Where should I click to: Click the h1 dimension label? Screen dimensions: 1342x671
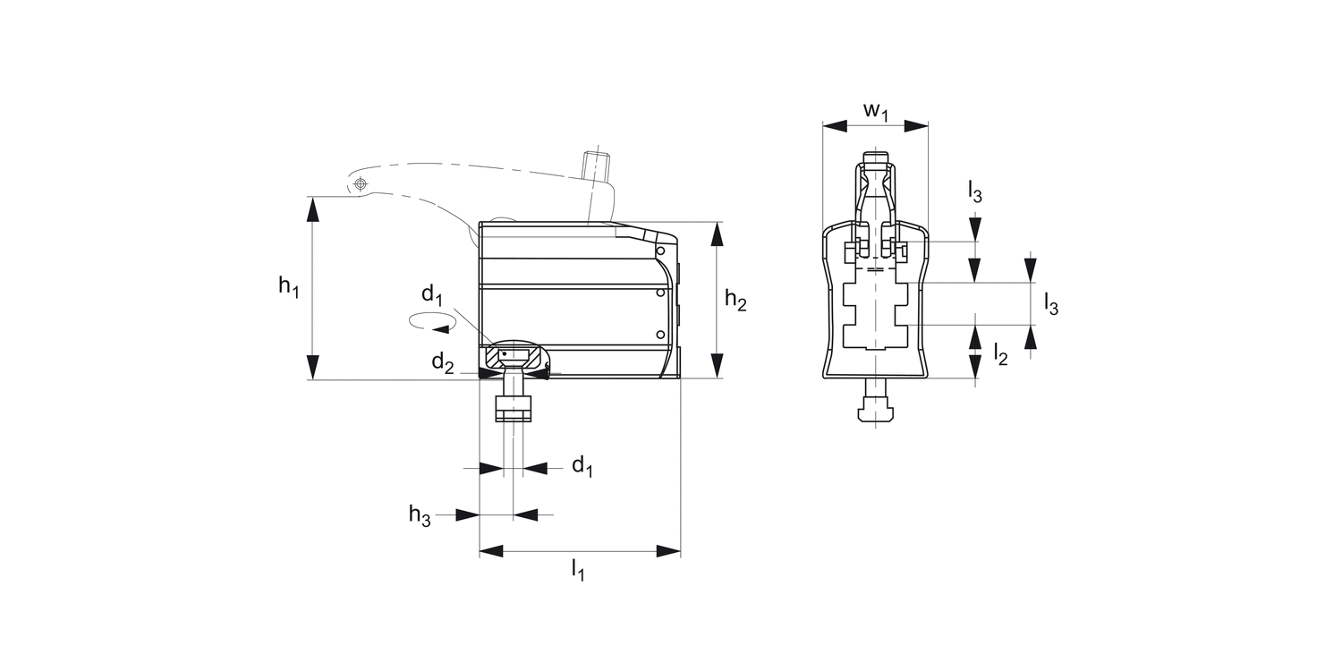click(289, 286)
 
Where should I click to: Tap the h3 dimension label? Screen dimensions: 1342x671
click(420, 514)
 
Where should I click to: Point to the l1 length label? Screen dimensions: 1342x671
click(578, 570)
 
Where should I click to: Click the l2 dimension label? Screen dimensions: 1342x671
click(1000, 354)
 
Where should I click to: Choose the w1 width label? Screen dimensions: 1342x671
click(875, 112)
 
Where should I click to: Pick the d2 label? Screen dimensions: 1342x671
click(443, 363)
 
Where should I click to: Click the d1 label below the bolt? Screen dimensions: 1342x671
click(582, 465)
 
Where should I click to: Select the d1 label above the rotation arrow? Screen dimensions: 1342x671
click(432, 294)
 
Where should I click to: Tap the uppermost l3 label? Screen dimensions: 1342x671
click(975, 191)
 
